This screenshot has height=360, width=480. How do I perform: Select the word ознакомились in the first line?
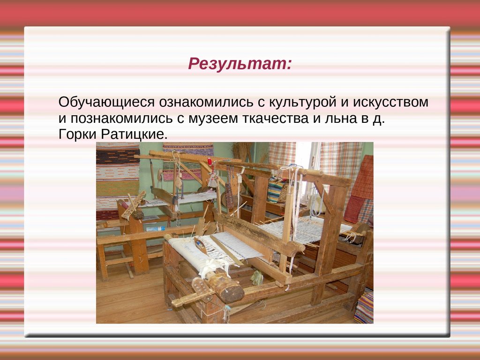point(206,102)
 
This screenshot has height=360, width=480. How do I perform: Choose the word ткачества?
point(276,119)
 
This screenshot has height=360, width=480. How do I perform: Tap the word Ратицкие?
point(135,135)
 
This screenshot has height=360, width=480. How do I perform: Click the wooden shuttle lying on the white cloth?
point(201,245)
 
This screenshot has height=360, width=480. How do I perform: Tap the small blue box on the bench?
point(156,229)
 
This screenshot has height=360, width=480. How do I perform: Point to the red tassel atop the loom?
point(210,161)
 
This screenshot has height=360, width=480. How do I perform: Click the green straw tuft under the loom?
point(257,277)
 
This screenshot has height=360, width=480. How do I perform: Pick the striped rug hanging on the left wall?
point(118,180)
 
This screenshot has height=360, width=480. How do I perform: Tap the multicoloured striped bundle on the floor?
point(364,307)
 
